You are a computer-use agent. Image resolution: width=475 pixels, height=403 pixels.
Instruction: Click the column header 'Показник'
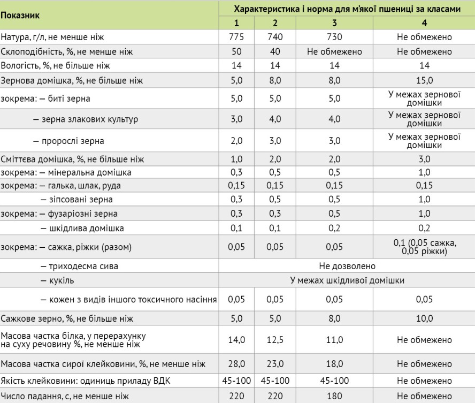(20, 15)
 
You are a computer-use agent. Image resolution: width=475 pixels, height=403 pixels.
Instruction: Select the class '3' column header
(334, 23)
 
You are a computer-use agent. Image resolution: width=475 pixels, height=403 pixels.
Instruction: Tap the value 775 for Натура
(236, 37)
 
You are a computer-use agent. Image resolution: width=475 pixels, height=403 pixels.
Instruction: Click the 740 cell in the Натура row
(274, 37)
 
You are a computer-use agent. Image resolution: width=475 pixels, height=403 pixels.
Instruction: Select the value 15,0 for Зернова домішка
(424, 80)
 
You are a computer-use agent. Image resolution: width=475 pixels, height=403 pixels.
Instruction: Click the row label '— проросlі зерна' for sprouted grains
(68, 141)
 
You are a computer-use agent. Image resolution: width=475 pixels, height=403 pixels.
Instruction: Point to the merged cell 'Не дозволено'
(347, 266)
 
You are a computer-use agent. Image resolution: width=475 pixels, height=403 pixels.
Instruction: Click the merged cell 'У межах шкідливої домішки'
(347, 280)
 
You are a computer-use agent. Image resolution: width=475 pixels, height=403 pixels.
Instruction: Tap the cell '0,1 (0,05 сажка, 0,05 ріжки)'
(424, 247)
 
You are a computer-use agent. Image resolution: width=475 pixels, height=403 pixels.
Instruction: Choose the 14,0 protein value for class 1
(236, 340)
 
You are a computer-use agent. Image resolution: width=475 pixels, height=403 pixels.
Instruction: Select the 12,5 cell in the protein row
(274, 340)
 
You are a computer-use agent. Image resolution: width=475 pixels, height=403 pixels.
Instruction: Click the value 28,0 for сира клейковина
(236, 364)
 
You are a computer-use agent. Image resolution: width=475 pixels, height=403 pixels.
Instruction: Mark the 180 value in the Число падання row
(334, 397)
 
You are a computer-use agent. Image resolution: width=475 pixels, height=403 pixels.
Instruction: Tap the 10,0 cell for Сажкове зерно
(424, 318)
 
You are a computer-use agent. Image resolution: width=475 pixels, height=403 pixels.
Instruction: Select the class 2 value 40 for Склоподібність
(274, 52)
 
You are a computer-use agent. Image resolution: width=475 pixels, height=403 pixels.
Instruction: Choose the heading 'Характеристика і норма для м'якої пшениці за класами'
(347, 9)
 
